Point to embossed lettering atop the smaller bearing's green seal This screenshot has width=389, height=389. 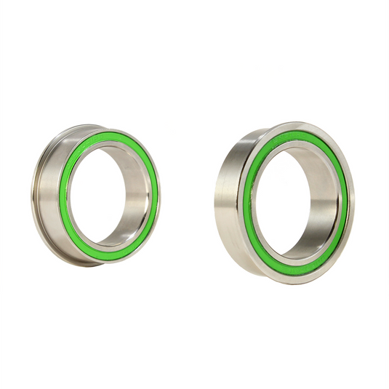[x=109, y=136]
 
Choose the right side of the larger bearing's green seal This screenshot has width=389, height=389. [x=343, y=200]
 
